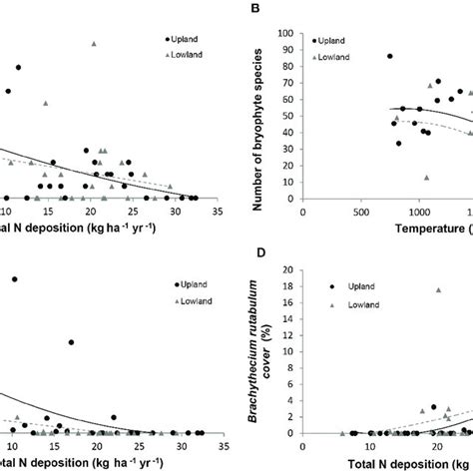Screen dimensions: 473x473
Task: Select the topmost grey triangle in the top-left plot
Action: pos(94,43)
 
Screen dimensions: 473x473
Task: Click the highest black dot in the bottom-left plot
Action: pos(14,279)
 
